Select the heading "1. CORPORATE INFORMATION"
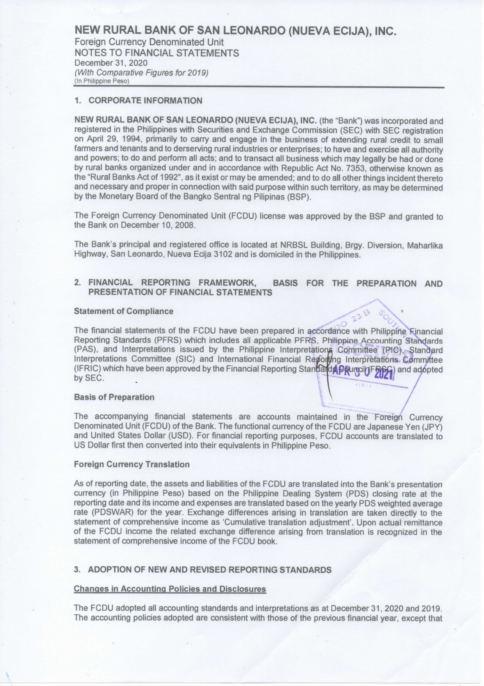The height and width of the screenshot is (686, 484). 139,100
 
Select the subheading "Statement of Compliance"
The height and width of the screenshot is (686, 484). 123,311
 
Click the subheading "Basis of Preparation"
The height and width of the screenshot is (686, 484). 114,397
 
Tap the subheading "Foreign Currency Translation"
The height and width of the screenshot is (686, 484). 132,464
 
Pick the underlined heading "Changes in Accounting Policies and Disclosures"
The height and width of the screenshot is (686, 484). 170,589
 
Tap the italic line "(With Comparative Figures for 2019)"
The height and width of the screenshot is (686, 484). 141,73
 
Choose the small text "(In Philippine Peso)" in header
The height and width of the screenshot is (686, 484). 101,81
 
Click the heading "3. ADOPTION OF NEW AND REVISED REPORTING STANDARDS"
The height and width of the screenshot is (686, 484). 203,570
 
